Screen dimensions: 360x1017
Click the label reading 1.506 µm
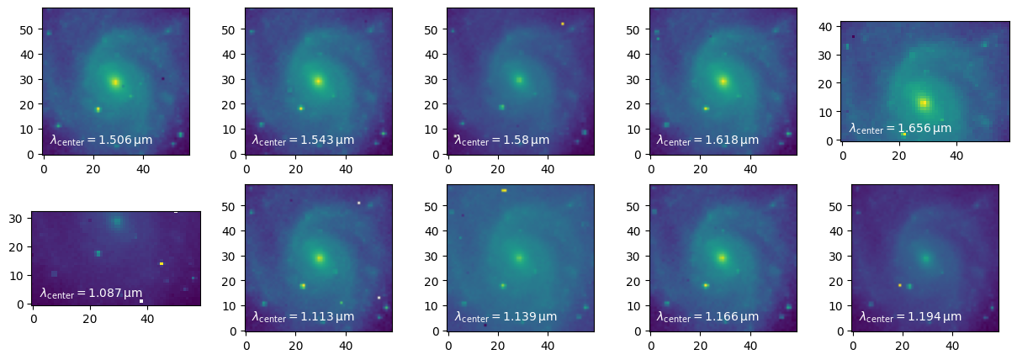pyautogui.click(x=101, y=140)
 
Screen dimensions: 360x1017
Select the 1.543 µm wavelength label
pyautogui.click(x=303, y=140)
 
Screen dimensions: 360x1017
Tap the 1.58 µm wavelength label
pyautogui.click(x=501, y=140)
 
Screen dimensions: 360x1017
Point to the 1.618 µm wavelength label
pyautogui.click(x=707, y=140)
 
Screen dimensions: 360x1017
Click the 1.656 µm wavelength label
pyautogui.click(x=900, y=129)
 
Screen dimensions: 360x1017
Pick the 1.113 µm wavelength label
pyautogui.click(x=303, y=316)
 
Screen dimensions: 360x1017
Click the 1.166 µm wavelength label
pyautogui.click(x=707, y=316)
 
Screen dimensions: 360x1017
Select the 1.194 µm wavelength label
pyautogui.click(x=910, y=316)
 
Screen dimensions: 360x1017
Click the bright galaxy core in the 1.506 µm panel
pyautogui.click(x=115, y=82)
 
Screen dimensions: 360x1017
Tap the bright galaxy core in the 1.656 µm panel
pyautogui.click(x=924, y=103)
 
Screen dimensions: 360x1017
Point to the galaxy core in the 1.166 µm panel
pyautogui.click(x=722, y=257)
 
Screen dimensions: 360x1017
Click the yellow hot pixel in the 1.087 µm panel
pyautogui.click(x=162, y=263)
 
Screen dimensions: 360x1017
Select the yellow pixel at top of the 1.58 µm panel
pyautogui.click(x=563, y=24)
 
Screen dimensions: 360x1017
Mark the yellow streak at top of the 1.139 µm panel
pyautogui.click(x=504, y=191)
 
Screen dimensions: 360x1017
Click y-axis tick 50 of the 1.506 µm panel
pyautogui.click(x=31, y=29)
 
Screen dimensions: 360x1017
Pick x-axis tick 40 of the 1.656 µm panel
pyautogui.click(x=956, y=155)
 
